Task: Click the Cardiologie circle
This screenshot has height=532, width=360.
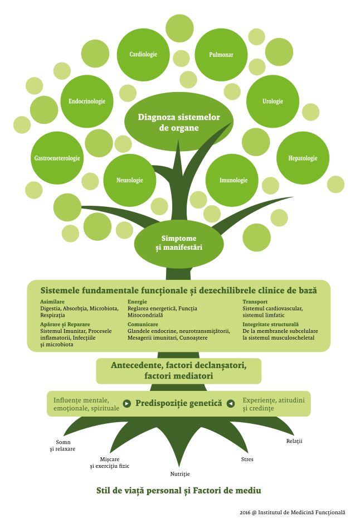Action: [x=143, y=54]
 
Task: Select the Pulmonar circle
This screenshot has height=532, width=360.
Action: [x=221, y=55]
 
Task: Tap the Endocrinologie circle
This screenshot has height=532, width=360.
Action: [x=87, y=101]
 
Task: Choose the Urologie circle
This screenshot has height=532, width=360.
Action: [x=273, y=101]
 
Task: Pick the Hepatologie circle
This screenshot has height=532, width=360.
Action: [x=303, y=158]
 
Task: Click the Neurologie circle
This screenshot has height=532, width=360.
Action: [x=129, y=181]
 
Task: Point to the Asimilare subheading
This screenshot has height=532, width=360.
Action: [x=52, y=302]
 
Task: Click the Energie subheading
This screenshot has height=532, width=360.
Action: [x=137, y=302]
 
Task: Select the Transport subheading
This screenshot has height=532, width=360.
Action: [x=255, y=302]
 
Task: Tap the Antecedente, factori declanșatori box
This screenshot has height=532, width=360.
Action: [x=178, y=370]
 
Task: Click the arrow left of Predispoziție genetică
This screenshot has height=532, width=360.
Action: [x=127, y=403]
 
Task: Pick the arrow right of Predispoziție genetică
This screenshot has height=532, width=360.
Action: [x=230, y=403]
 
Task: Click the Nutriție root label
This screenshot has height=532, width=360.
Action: [x=180, y=474]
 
